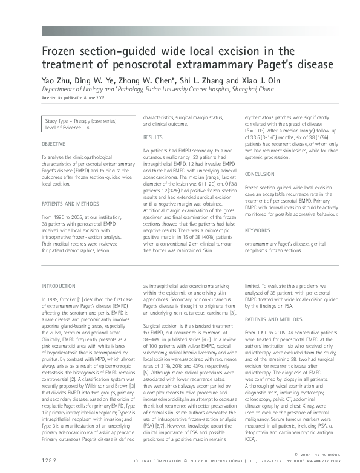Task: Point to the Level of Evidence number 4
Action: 89,128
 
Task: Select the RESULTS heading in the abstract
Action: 152,138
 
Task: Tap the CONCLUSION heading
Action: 260,174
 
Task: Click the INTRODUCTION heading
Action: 58,285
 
